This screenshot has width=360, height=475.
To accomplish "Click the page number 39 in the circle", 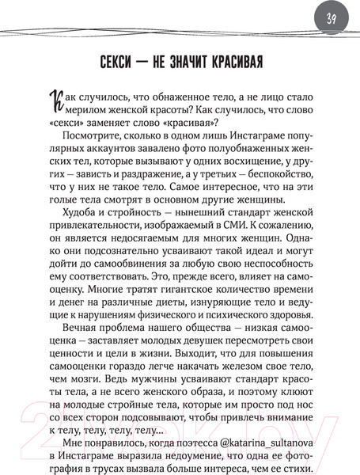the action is (331, 18).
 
